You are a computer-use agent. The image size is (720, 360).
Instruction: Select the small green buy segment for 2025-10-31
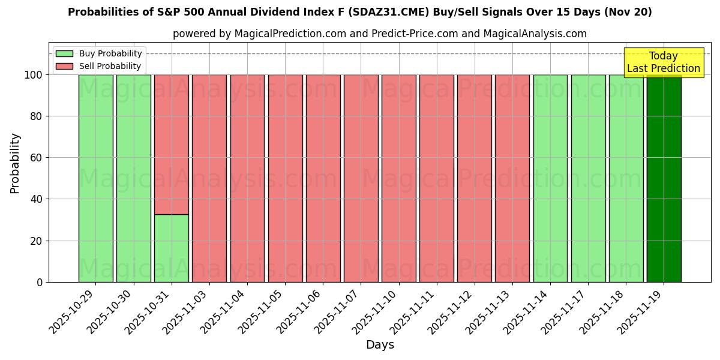[172, 248]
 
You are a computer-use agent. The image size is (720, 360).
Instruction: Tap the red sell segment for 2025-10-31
[172, 144]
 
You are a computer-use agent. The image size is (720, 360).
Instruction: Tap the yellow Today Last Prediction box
[664, 62]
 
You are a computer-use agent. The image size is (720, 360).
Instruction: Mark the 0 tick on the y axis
[40, 282]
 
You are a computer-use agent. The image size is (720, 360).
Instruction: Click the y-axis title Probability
[15, 163]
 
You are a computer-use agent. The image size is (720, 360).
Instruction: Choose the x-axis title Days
[380, 345]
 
